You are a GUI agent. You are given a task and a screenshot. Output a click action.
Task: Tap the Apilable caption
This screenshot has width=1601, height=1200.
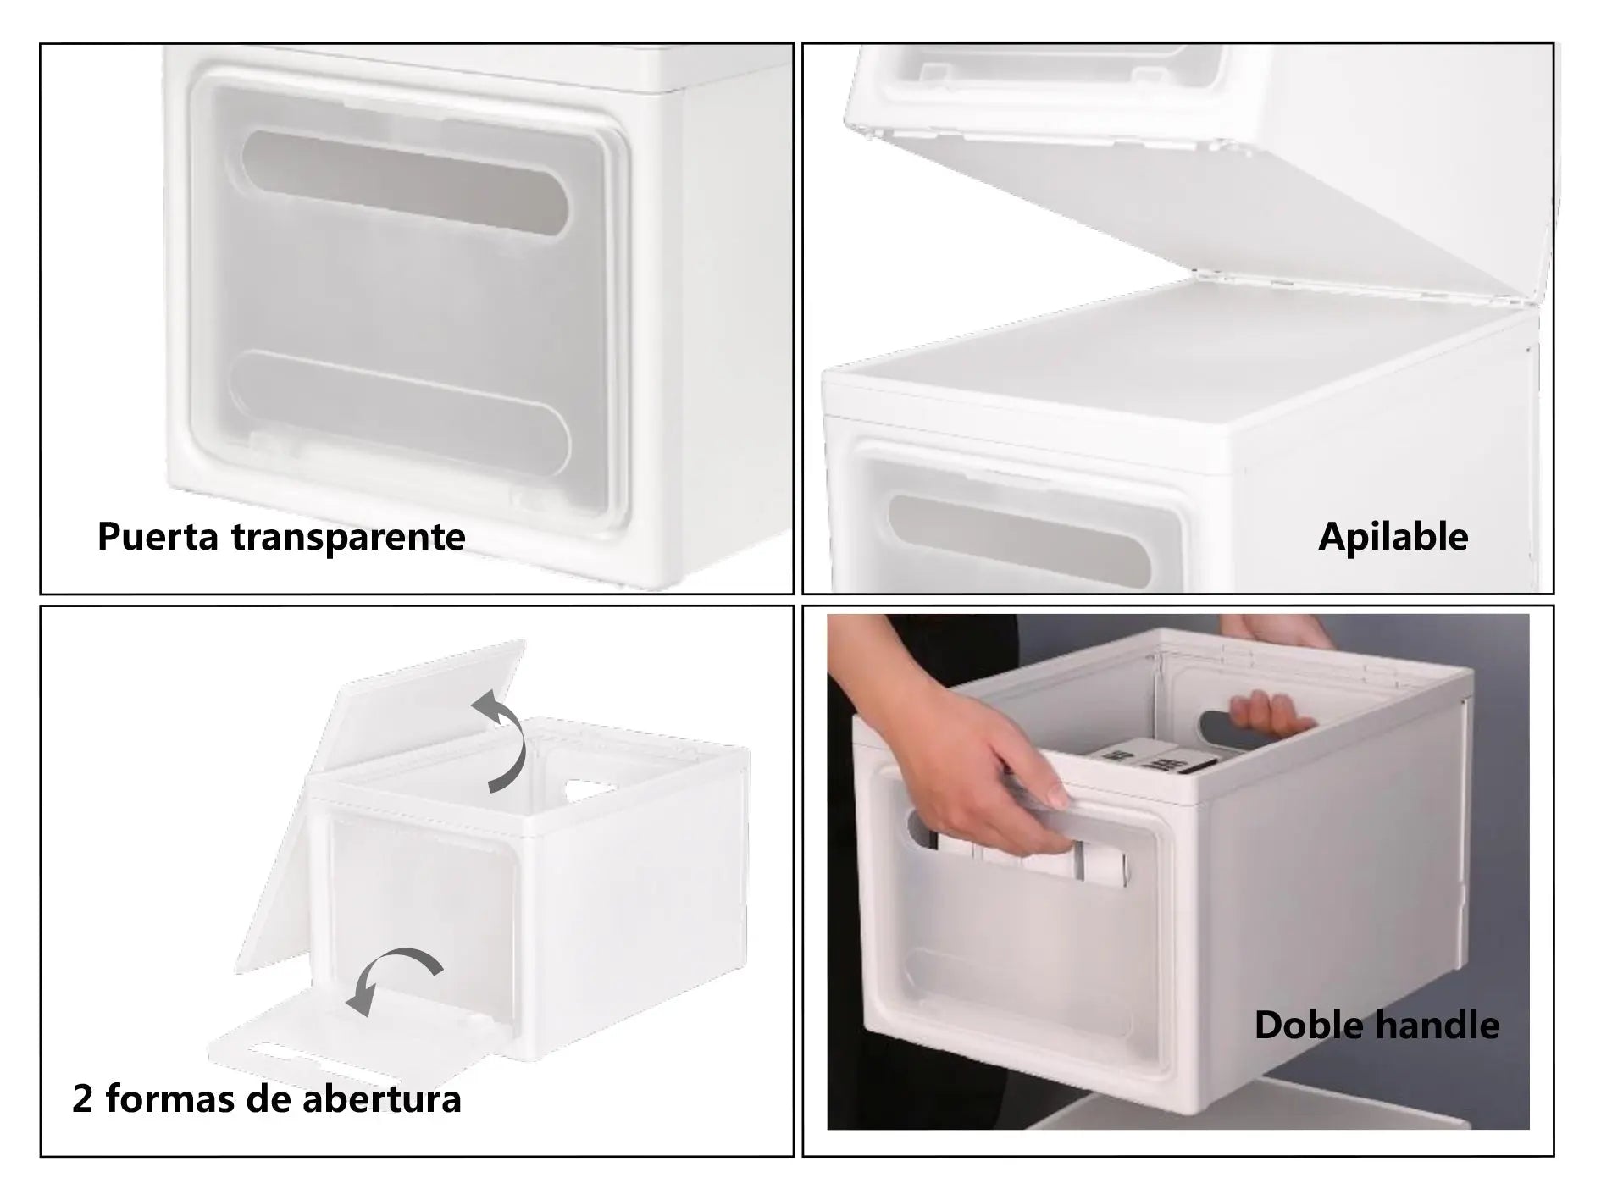tap(1393, 537)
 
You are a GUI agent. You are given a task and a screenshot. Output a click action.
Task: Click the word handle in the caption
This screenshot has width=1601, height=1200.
tap(1437, 1026)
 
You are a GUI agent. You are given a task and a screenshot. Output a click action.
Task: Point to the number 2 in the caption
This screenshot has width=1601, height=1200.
tap(82, 1099)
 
